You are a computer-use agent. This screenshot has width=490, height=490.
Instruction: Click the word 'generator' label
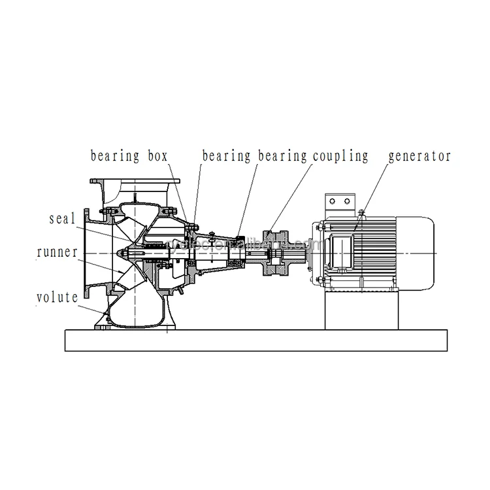(419, 156)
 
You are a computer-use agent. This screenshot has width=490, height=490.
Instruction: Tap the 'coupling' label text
(340, 156)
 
